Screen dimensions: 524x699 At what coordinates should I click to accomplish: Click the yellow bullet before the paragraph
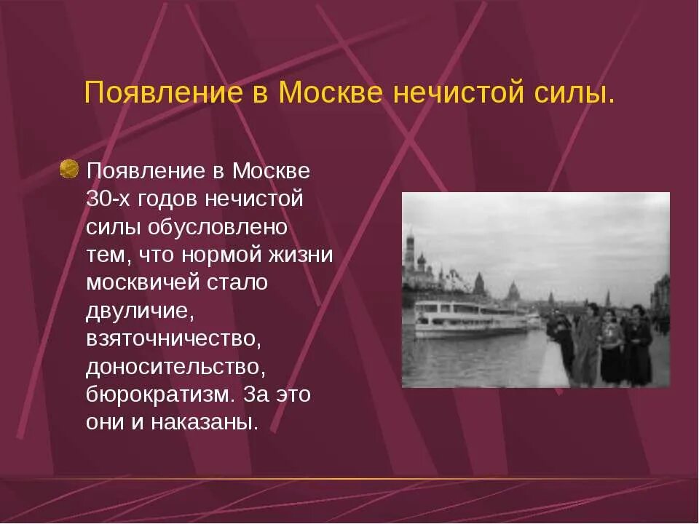coord(69,170)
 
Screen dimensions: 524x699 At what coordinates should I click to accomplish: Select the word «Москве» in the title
coord(328,93)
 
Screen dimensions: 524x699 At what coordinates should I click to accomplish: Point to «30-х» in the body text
coord(107,199)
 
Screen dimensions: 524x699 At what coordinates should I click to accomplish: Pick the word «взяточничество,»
coord(173,338)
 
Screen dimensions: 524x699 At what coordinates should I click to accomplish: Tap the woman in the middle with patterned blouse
coord(612,346)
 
